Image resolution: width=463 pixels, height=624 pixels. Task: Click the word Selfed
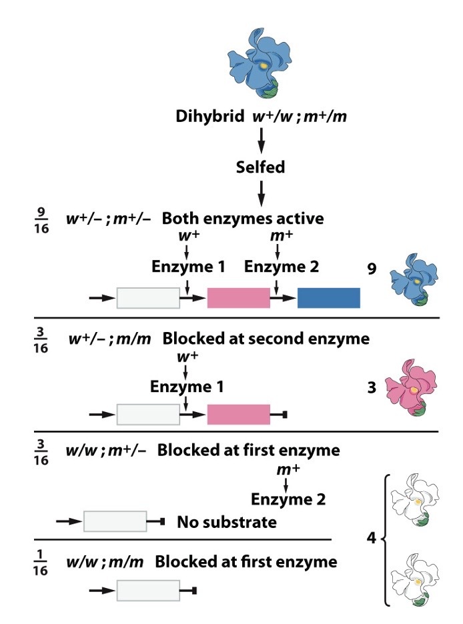point(261,167)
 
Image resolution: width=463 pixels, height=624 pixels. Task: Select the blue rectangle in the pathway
point(328,298)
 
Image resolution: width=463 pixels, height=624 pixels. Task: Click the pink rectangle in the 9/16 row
point(238,298)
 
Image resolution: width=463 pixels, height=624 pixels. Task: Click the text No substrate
point(227,521)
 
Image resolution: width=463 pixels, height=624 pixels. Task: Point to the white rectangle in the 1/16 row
point(148,590)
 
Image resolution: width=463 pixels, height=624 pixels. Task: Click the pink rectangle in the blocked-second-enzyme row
point(238,414)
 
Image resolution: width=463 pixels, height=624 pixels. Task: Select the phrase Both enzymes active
point(252,219)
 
